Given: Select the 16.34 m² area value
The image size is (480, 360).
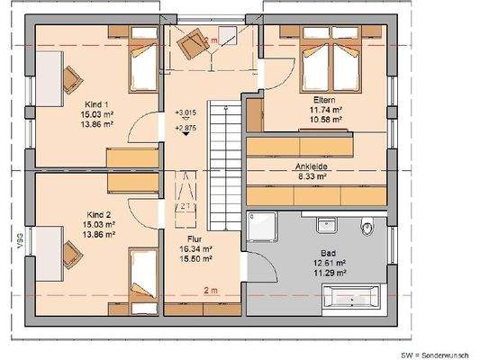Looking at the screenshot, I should click(195, 249).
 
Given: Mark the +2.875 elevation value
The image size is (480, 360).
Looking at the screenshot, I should click(187, 129).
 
